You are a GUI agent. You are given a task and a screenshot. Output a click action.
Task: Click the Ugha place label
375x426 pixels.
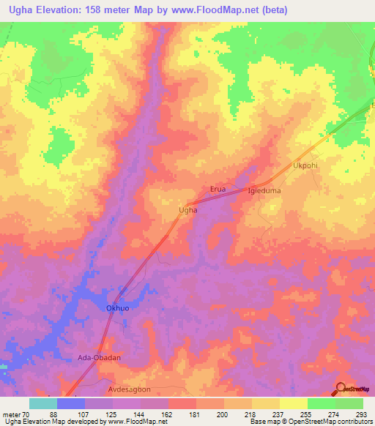point(188,210)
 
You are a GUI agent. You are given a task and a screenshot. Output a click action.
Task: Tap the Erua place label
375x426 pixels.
point(218,189)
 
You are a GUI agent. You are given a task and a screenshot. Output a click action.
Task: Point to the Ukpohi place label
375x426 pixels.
point(306,165)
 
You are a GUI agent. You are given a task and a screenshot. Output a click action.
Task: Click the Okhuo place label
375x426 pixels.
point(119,308)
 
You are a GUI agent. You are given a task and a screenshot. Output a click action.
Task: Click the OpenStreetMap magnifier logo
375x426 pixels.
point(342,388)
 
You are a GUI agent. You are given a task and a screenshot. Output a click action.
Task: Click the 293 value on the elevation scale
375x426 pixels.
point(363,414)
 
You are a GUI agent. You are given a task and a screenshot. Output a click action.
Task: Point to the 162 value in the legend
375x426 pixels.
point(168,414)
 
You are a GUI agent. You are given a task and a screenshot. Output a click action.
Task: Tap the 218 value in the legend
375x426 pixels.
point(251,414)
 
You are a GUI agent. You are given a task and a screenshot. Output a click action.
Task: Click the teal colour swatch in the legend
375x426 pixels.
point(42,403)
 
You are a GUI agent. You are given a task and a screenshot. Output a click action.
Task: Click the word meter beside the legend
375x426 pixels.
point(12,414)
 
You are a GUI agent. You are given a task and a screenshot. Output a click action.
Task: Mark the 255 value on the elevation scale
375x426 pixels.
point(307,414)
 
